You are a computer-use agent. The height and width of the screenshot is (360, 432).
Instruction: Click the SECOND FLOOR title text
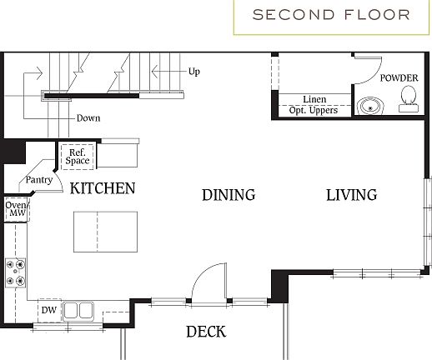click(331, 14)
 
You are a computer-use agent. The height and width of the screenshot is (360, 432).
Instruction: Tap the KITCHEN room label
click(102, 188)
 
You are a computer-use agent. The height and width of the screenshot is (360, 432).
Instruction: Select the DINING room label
click(228, 195)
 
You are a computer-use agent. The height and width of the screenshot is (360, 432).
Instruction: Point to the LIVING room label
click(351, 195)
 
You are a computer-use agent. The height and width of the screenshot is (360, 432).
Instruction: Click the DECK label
click(205, 332)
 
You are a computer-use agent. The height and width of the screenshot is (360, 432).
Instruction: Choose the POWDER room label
click(399, 77)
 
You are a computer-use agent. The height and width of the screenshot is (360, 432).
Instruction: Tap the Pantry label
click(39, 179)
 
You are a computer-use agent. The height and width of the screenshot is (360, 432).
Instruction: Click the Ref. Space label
click(78, 157)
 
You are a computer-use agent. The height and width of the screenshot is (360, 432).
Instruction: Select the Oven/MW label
click(15, 209)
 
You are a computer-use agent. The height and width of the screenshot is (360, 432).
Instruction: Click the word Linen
click(314, 99)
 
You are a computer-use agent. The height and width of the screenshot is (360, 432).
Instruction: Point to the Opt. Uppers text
click(314, 110)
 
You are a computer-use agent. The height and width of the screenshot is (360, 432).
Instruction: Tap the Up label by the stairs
click(193, 72)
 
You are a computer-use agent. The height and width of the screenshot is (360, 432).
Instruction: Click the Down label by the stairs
click(88, 118)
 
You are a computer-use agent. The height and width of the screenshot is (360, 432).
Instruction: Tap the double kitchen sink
click(79, 310)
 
